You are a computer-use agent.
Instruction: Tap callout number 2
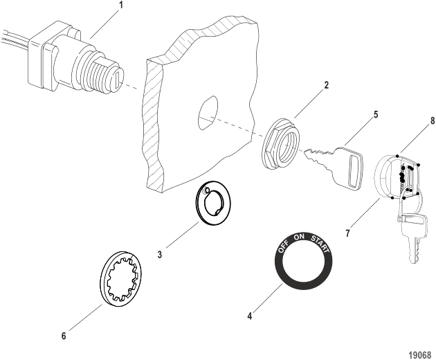pyautogui.click(x=327, y=86)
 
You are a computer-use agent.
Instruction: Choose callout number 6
pyautogui.click(x=64, y=336)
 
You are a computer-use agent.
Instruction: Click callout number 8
pyautogui.click(x=433, y=120)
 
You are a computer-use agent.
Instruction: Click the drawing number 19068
pyautogui.click(x=419, y=352)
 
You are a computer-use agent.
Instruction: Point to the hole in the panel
pyautogui.click(x=208, y=114)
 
